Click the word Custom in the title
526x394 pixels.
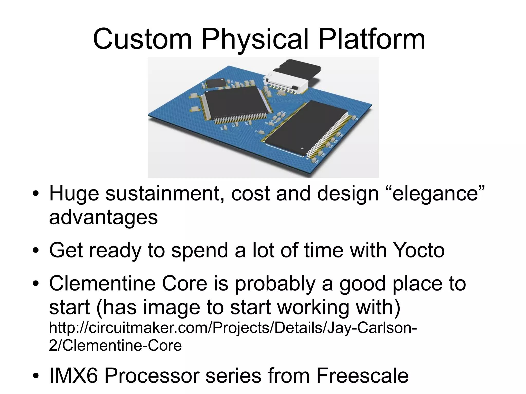pos(143,40)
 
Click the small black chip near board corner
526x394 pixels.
pos(215,83)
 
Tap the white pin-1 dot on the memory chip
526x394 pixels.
pos(302,148)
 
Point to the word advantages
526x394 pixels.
pos(103,217)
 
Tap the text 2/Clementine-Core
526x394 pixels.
pos(115,345)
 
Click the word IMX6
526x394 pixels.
pos(73,376)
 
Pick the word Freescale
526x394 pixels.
pos(362,376)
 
